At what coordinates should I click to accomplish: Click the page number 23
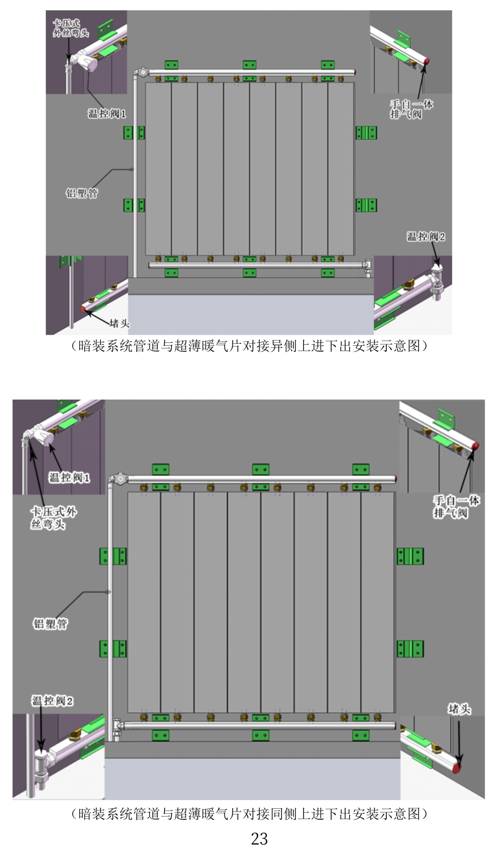pos(259,838)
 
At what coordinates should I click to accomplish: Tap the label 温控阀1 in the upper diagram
pos(107,113)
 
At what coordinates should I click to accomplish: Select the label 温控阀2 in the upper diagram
pos(426,236)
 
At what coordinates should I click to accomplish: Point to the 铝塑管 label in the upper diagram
pos(82,193)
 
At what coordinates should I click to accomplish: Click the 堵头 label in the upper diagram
pos(119,324)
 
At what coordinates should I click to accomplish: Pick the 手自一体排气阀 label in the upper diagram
pos(411,109)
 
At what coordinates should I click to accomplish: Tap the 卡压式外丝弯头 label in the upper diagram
pos(70,28)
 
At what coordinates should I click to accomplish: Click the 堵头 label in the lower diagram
pos(459,709)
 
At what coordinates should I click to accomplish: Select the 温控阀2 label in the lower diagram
pos(52,701)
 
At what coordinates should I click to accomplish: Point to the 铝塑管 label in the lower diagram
pos(50,624)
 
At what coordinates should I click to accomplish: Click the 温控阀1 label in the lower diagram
pos(70,478)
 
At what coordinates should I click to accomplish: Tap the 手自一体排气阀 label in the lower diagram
pos(455,507)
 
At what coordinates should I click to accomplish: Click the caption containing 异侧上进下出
pos(250,346)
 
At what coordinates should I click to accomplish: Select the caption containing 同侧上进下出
pos(250,814)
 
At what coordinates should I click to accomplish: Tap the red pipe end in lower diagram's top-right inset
pos(475,445)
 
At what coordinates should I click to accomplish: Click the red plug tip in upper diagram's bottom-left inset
pos(83,310)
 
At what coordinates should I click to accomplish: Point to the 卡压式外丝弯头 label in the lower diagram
pos(53,518)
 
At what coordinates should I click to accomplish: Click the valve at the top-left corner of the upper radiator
pos(142,72)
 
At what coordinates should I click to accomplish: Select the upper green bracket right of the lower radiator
pos(410,556)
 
